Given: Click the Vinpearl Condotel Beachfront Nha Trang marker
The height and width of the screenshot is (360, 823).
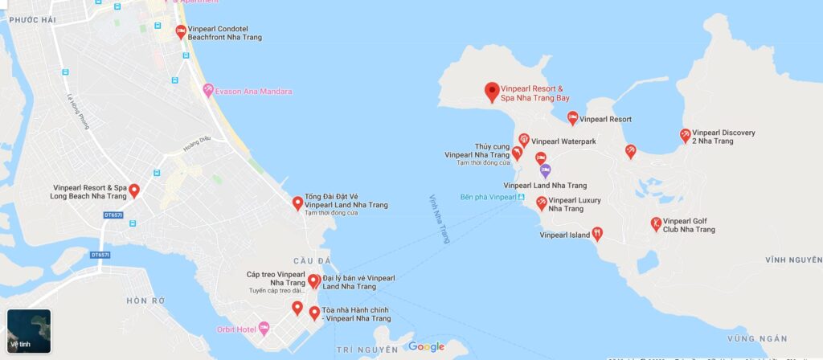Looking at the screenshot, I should click(x=181, y=32).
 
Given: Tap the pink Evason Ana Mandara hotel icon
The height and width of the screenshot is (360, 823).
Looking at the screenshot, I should click(x=209, y=90).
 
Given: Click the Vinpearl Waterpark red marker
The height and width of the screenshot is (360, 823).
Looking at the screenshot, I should click(x=524, y=141).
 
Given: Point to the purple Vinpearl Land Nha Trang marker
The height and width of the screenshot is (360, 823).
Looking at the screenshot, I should click(x=545, y=170).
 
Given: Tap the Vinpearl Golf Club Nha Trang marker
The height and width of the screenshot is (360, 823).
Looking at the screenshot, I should click(x=657, y=223).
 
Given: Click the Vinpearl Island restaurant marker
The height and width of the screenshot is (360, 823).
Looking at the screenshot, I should click(x=597, y=235).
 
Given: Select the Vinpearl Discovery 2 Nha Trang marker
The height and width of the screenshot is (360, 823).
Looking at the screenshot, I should click(x=685, y=136).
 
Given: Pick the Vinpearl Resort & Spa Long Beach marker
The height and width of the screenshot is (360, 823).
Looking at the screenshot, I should click(x=134, y=191).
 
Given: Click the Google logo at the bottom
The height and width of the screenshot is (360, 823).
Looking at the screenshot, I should click(x=426, y=347).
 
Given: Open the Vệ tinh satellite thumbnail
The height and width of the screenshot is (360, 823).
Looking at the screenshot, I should click(x=29, y=331).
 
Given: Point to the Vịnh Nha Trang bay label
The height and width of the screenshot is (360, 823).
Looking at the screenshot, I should click(x=440, y=218).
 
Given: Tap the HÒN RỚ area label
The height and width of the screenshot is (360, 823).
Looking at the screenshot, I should click(x=145, y=301).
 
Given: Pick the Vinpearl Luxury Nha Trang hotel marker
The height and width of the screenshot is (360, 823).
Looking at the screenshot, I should click(x=542, y=203).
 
